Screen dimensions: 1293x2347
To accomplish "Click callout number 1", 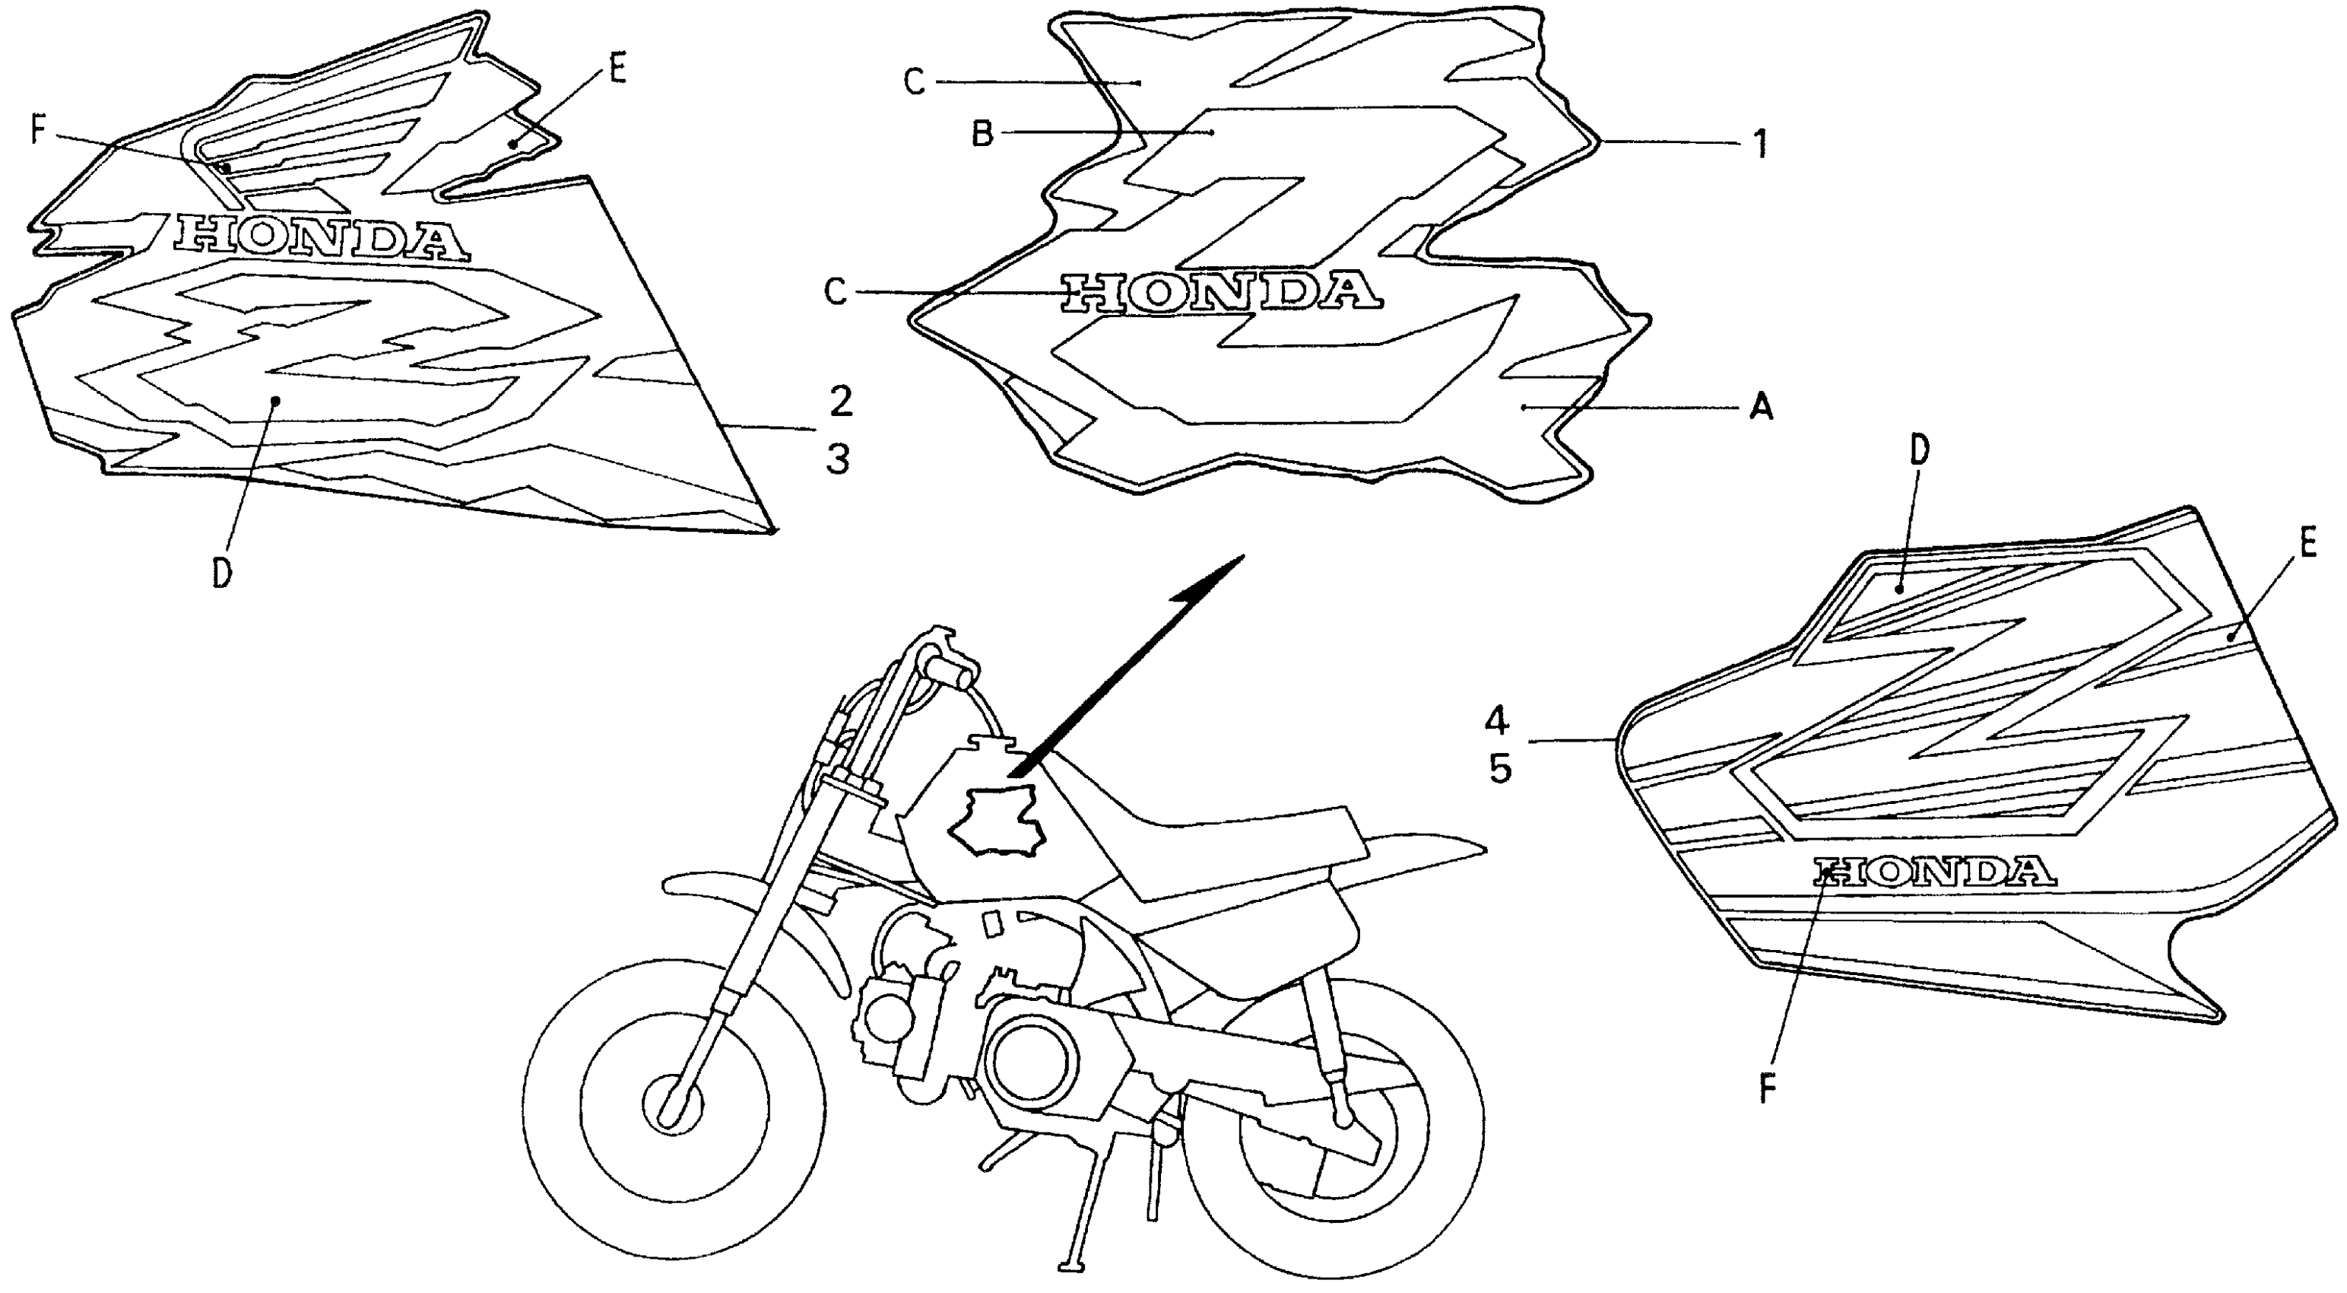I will point(1760,143).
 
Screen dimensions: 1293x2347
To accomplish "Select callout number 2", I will point(840,401).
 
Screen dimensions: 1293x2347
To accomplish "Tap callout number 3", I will point(838,459).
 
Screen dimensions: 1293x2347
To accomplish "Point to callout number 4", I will point(1498,723).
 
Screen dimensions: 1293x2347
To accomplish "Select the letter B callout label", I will point(982,135).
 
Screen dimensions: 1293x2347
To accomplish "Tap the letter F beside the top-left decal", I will point(37,130).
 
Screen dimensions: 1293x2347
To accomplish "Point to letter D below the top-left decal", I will point(221,574).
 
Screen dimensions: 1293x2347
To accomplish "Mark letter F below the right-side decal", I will point(1767,1091).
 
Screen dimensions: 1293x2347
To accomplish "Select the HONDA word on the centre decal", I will point(1221,291).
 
